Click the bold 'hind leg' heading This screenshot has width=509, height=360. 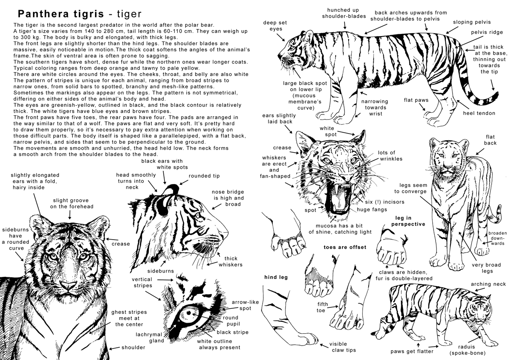pyautogui.click(x=276, y=277)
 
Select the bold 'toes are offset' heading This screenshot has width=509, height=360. pyautogui.click(x=344, y=247)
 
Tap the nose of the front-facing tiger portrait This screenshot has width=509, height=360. pyautogui.click(x=67, y=285)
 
